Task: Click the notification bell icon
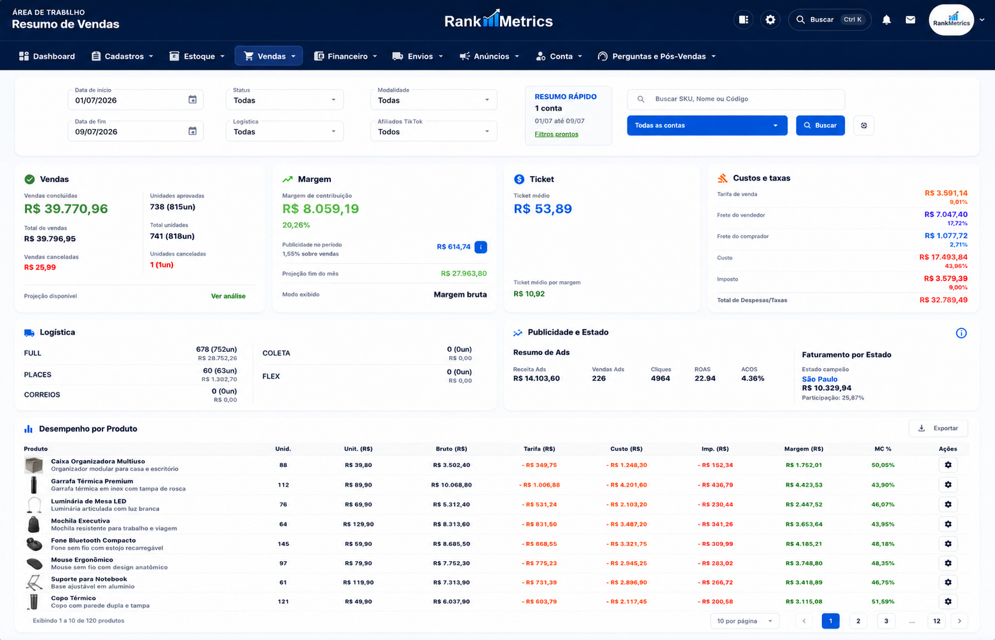point(887,20)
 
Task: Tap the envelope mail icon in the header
point(910,20)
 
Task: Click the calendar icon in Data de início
point(192,99)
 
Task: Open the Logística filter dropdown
point(285,132)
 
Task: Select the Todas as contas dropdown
point(707,125)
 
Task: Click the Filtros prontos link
point(556,134)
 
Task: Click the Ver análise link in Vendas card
point(228,296)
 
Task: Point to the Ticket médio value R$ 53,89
point(543,209)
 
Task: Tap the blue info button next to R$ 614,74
point(480,247)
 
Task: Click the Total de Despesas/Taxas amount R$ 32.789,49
point(943,300)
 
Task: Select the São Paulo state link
point(819,379)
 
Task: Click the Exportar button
point(938,428)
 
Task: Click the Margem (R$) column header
point(804,449)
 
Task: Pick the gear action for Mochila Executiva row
point(948,524)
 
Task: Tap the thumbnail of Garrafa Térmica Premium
point(34,485)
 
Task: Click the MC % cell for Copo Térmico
point(882,602)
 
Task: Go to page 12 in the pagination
point(936,621)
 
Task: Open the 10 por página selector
point(745,621)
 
